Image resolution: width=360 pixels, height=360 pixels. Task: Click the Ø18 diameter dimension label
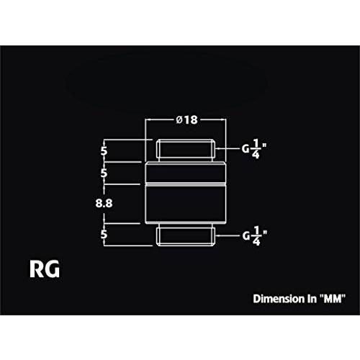point(187,120)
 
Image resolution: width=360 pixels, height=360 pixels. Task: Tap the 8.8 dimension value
point(104,204)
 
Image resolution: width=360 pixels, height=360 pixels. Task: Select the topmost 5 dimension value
point(104,151)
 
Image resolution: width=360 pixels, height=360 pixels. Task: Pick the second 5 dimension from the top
point(104,173)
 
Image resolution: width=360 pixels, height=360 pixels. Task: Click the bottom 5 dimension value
point(104,234)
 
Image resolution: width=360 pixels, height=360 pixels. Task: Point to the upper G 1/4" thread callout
point(254,149)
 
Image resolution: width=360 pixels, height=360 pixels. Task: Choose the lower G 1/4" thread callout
point(254,236)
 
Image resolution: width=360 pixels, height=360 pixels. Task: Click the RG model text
point(45,269)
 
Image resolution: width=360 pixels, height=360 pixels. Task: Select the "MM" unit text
point(333,299)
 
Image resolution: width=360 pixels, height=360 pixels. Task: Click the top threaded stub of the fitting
point(185,150)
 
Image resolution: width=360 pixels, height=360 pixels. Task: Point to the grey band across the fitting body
point(186,184)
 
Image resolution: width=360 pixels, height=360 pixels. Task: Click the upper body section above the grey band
point(186,172)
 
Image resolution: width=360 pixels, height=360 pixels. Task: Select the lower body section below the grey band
point(186,205)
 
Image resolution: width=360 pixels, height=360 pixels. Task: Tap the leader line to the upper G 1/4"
point(228,149)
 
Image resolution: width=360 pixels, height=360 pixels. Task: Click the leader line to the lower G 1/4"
point(228,235)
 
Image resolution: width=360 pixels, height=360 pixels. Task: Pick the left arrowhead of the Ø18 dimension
point(148,120)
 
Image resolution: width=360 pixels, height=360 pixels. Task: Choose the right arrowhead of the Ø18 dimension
point(224,120)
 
